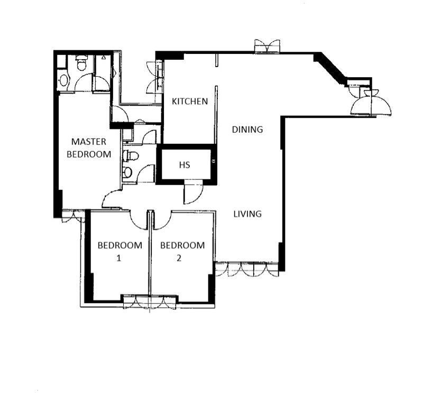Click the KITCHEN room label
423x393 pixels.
pyautogui.click(x=189, y=101)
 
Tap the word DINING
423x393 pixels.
pyautogui.click(x=247, y=130)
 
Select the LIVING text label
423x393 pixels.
pyautogui.click(x=247, y=214)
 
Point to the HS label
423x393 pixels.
pyautogui.click(x=184, y=165)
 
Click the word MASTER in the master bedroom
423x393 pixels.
pyautogui.click(x=89, y=142)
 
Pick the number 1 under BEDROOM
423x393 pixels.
pyautogui.click(x=119, y=259)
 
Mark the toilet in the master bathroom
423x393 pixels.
pyautogui.click(x=81, y=64)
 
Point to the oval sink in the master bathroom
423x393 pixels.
pyautogui.click(x=64, y=80)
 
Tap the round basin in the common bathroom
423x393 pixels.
pyautogui.click(x=127, y=173)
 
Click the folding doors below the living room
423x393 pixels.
pyautogui.click(x=246, y=269)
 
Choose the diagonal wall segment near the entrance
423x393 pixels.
pyautogui.click(x=332, y=69)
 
